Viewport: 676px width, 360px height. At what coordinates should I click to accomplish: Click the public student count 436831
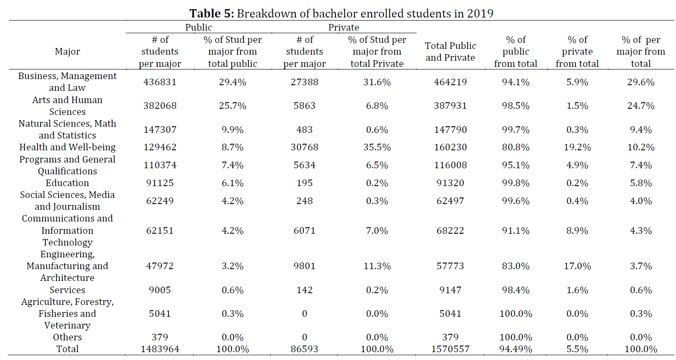coord(160,82)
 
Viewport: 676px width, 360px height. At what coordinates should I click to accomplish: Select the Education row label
coord(67,183)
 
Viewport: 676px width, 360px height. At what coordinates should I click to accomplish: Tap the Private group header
coord(344,28)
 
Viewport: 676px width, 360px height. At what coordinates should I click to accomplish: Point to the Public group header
coord(199,28)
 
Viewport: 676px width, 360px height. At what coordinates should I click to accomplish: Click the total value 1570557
coord(450,349)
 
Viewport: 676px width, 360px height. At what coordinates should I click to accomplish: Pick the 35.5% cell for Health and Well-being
coord(377,147)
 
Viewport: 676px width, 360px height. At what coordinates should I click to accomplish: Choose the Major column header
coord(67,52)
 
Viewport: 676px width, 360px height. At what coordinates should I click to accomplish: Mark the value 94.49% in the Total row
coord(516,349)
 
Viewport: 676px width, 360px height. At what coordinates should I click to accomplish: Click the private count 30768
coord(304,147)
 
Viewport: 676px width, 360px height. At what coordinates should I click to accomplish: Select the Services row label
coord(67,290)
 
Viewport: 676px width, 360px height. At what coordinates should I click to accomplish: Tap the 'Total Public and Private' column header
coord(450,52)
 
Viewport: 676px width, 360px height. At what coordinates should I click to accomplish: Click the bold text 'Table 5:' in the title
coord(211,14)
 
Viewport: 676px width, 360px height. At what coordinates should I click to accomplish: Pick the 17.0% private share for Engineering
coord(577,266)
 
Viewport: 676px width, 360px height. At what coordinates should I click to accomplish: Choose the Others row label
coord(67,337)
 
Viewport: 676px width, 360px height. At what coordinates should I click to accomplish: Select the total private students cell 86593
coord(304,349)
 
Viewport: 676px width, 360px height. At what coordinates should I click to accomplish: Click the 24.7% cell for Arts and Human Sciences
coord(641,106)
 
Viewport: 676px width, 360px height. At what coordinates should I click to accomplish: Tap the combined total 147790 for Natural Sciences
coord(450,130)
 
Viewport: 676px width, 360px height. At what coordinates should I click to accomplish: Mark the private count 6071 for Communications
coord(304,231)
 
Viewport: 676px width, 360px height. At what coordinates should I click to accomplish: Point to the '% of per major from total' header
coord(641,52)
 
